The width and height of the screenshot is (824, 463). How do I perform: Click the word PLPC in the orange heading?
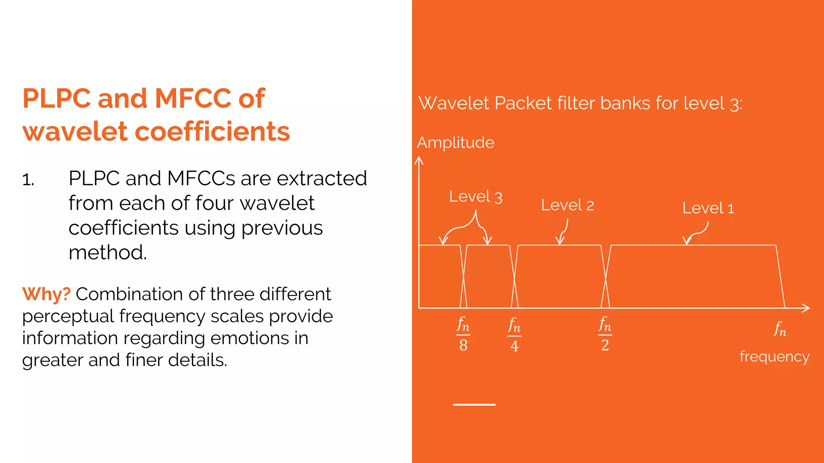57,98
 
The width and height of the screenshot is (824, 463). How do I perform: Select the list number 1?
28,180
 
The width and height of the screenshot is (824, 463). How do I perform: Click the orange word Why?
46,294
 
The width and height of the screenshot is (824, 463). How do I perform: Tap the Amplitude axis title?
455,143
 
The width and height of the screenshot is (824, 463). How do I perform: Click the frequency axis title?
774,357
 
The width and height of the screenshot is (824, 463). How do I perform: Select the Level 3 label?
476,197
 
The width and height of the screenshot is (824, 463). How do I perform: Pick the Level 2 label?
567,205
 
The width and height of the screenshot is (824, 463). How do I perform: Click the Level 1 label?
708,208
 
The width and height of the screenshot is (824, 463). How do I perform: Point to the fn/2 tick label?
605,334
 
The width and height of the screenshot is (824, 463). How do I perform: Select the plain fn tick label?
780,329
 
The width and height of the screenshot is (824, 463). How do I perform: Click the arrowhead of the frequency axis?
806,308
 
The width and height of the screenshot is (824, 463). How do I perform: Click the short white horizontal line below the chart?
474,405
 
